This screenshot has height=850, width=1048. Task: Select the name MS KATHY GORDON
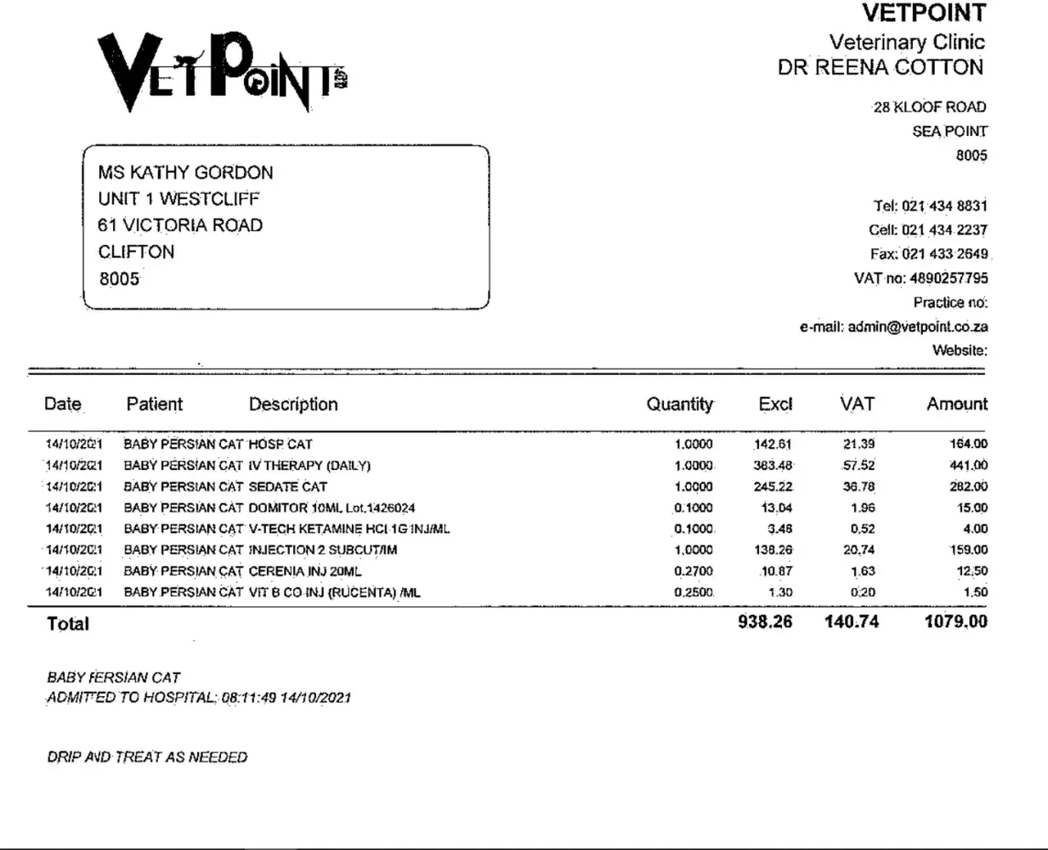coord(185,173)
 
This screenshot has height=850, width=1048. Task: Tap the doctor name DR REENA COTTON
coord(880,68)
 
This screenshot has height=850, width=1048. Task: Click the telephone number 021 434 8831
coord(944,206)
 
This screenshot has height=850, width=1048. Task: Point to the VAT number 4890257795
coord(949,278)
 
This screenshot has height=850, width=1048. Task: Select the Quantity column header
coord(679,405)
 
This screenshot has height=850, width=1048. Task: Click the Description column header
coord(293,405)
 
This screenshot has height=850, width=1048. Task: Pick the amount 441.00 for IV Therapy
coord(968,466)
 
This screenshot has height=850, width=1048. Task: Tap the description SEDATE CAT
coord(287,487)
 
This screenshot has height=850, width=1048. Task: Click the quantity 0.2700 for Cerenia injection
coord(694,571)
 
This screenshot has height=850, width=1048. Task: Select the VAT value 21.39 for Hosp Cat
coord(858,444)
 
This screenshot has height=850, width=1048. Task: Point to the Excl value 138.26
coord(773,550)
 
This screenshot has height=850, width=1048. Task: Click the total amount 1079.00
coord(955,621)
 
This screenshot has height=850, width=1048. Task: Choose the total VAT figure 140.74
coord(851,621)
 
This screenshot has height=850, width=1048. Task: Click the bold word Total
coord(68,624)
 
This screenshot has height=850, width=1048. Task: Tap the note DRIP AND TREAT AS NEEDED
coord(147,757)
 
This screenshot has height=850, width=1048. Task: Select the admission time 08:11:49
coord(248,698)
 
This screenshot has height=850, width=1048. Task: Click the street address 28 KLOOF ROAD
coord(929,107)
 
